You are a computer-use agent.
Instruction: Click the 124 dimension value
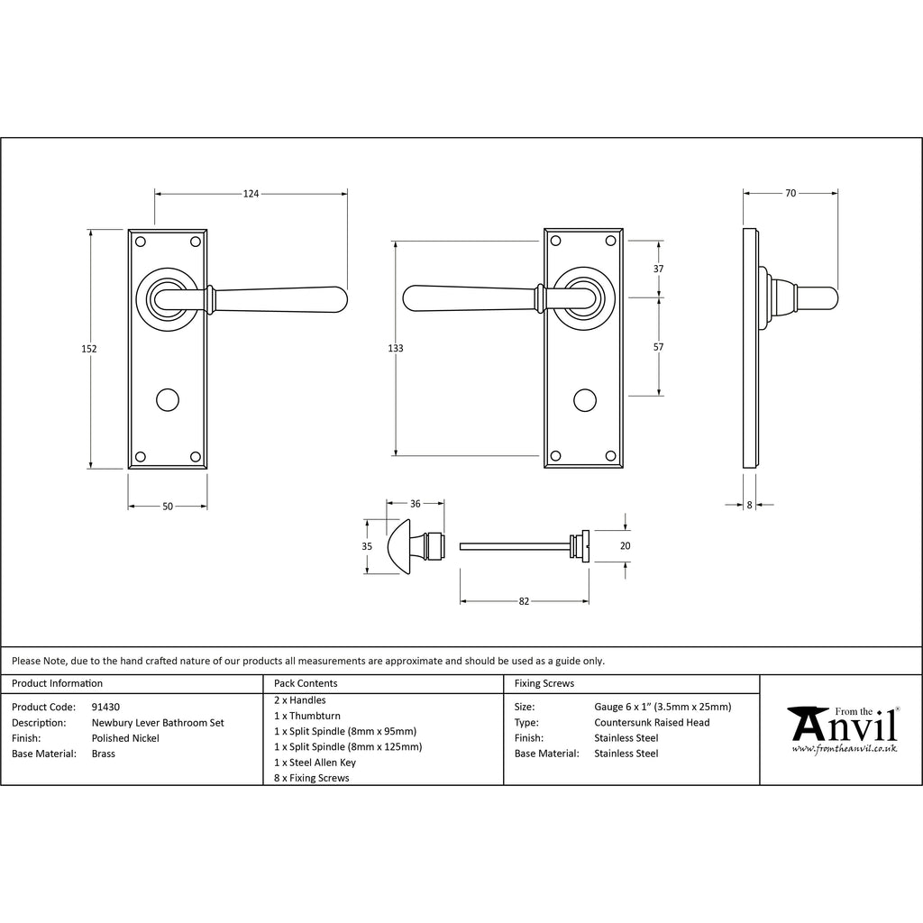(x=251, y=194)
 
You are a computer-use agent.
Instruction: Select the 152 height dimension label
(x=89, y=349)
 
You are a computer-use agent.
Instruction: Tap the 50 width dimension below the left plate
(x=168, y=507)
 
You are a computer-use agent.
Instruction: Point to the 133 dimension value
(x=396, y=348)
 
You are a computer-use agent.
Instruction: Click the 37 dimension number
(x=658, y=269)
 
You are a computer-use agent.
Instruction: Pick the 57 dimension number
(x=658, y=347)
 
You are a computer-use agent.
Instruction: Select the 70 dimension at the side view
(x=790, y=193)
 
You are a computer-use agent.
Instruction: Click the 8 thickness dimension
(x=749, y=505)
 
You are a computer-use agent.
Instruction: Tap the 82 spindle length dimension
(x=524, y=601)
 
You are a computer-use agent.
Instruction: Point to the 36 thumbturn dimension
(x=415, y=503)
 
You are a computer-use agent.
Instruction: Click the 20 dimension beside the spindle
(x=626, y=545)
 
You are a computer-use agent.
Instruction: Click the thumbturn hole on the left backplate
(x=168, y=399)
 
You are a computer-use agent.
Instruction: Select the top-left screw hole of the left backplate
(x=140, y=242)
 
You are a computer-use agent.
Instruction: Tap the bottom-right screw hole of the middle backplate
(x=610, y=456)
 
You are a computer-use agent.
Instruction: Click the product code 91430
(x=105, y=707)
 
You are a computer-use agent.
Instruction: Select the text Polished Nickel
(x=125, y=738)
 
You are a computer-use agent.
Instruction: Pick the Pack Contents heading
(x=306, y=683)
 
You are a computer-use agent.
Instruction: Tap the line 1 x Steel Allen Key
(x=315, y=763)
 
